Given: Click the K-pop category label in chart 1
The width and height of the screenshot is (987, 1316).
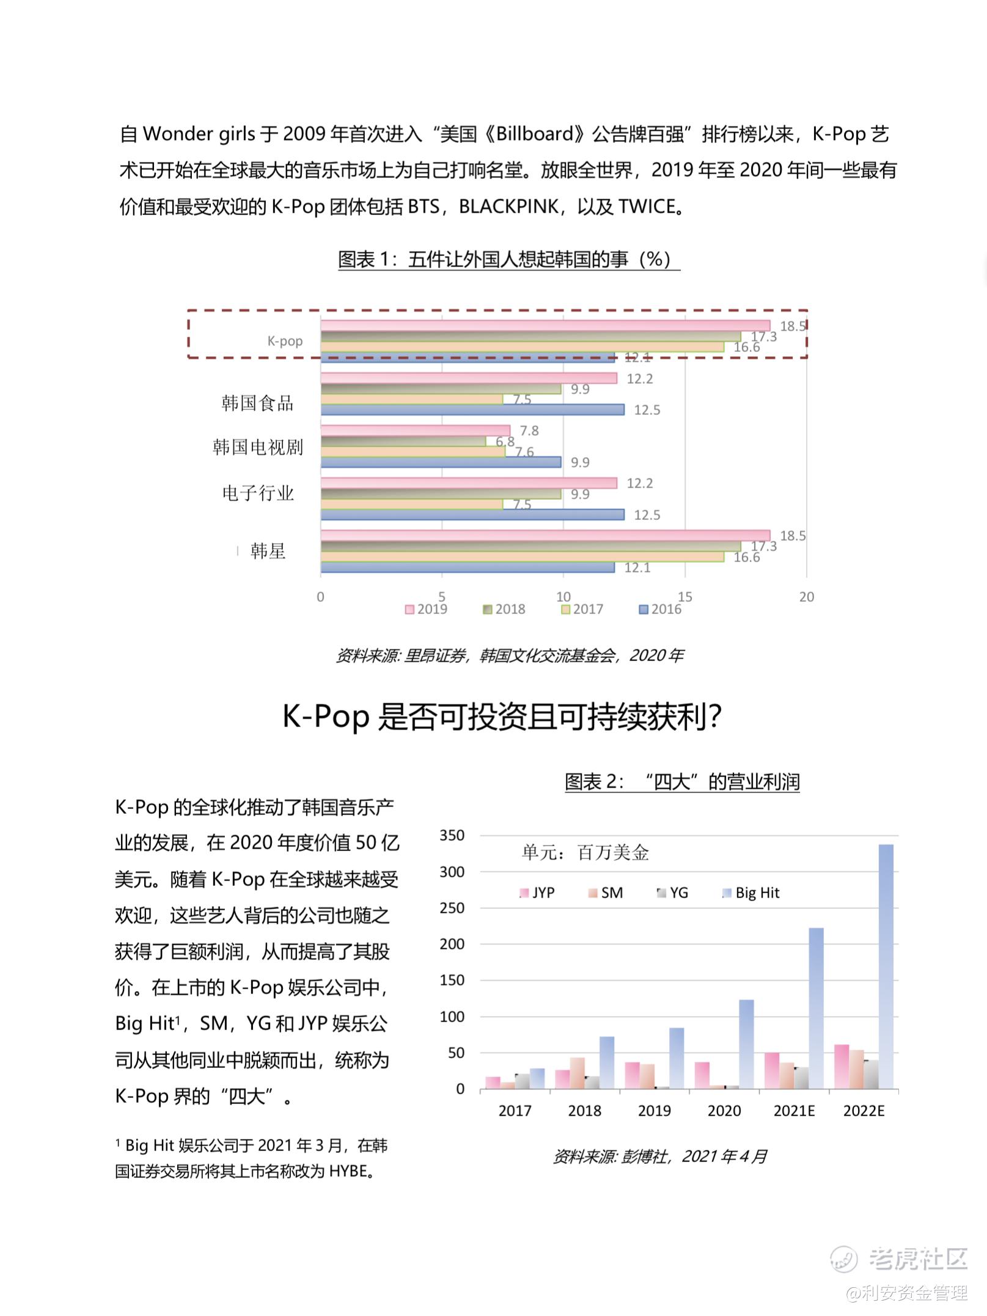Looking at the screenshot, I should (x=285, y=341).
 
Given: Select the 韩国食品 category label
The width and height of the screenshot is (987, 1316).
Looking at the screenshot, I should (x=257, y=403).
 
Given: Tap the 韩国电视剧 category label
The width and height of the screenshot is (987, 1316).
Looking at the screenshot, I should (x=257, y=447).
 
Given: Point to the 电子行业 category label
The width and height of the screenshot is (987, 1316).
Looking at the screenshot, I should (x=257, y=492).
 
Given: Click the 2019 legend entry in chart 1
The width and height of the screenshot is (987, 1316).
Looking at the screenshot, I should (x=427, y=609).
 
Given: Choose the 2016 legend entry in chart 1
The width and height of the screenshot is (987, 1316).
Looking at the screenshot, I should (x=660, y=609).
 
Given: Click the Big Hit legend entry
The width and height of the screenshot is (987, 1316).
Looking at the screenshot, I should (x=751, y=893).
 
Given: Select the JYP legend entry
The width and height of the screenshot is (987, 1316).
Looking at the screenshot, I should (x=537, y=893).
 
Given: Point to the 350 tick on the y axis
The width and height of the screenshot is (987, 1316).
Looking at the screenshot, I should (x=452, y=835).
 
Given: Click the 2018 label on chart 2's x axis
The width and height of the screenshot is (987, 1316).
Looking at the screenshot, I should (x=585, y=1111).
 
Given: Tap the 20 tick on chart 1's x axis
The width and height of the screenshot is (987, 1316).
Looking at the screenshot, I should (x=807, y=597).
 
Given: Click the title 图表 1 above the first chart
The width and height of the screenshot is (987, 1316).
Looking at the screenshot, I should (x=508, y=260).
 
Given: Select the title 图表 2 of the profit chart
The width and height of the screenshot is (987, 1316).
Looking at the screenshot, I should (x=682, y=782).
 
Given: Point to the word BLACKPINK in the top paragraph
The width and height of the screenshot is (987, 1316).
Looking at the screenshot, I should (x=508, y=207).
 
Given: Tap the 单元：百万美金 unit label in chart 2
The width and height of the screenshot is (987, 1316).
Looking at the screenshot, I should (x=585, y=852).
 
